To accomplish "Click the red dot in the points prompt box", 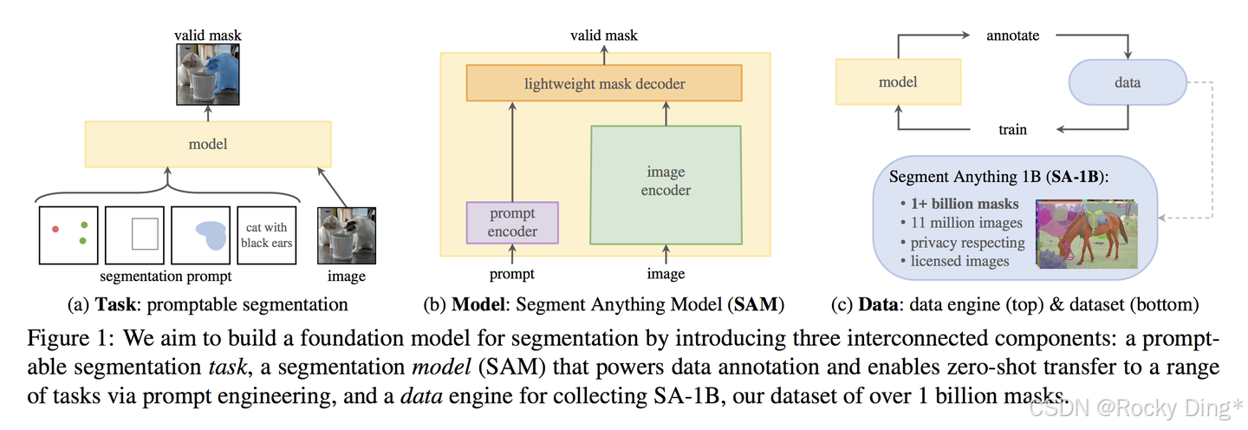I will pos(55,228).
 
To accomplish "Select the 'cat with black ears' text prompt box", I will pos(268,235).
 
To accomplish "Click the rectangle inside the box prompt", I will pos(144,234).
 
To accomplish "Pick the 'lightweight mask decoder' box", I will pos(604,84).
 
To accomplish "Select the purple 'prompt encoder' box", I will pos(512,222).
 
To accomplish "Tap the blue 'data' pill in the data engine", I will pos(1128,83).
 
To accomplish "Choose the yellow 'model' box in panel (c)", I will pos(898,82).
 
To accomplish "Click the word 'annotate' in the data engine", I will pos(1012,36).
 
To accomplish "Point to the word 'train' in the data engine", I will pos(1012,129).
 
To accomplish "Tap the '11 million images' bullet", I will pos(962,223).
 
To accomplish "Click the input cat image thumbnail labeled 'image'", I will pos(347,235).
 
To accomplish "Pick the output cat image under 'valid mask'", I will pos(208,74).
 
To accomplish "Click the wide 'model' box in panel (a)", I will pos(208,144).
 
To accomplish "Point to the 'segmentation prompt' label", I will pos(166,277).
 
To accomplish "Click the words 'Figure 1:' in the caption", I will pos(62,336).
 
